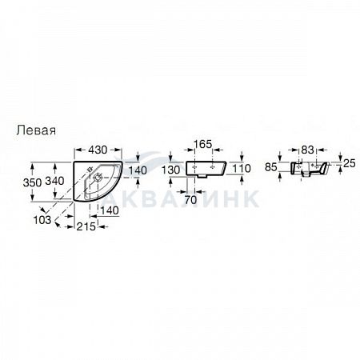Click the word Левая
pos(36,130)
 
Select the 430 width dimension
pos(98,150)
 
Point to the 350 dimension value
pos(32,182)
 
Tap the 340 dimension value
pos(54,181)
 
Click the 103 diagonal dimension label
pos(42,220)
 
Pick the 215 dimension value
pos(86,226)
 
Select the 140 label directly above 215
pos(110,210)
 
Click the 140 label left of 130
pos(138,170)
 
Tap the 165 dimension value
pos(202,144)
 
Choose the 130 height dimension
pos(171,170)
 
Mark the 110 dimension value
pos(242,168)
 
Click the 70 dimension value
pos(190,200)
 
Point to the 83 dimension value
pos(307,150)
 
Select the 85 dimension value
pos(271,167)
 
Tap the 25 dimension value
pos(350,163)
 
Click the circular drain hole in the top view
pos(98,177)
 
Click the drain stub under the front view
pos(203,176)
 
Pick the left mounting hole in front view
pos(194,167)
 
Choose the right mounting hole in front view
pos(213,167)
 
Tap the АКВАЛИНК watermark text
pos(182,198)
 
